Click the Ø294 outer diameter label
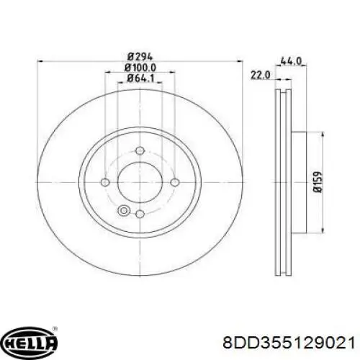[140, 57]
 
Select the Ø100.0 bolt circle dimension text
[140, 68]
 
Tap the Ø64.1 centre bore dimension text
[140, 78]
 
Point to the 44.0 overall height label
[291, 61]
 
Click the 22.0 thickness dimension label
[260, 75]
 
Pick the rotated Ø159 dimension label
[318, 181]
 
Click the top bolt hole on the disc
[140, 150]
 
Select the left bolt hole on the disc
[105, 182]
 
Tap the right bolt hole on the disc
[174, 182]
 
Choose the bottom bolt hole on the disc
[140, 214]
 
